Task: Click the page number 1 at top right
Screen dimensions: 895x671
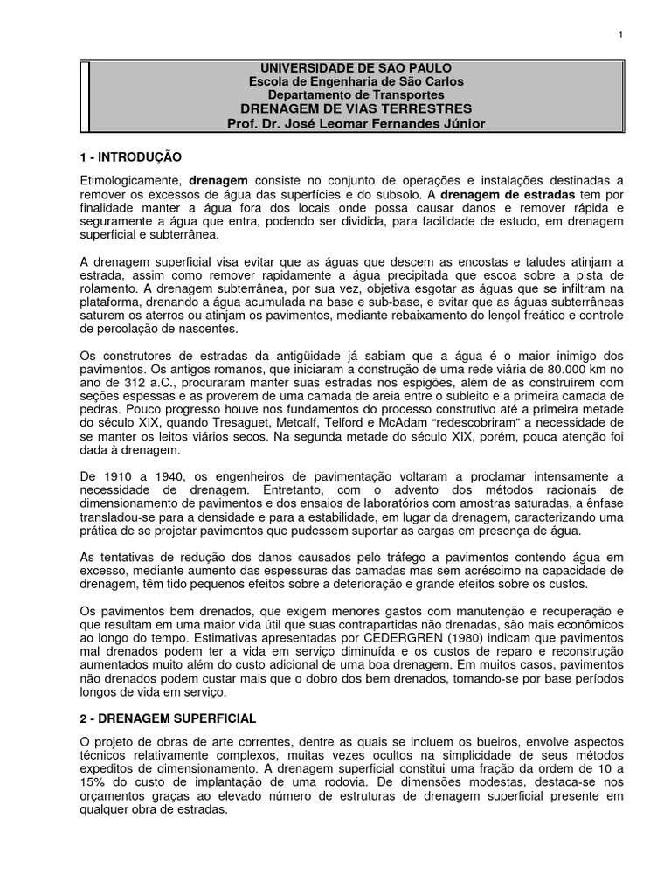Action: [x=619, y=34]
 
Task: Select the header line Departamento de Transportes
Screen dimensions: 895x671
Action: [x=356, y=94]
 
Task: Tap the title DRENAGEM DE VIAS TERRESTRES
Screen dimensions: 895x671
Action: [x=356, y=108]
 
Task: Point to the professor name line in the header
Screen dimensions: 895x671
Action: [x=356, y=123]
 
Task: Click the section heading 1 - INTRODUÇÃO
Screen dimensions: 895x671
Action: [x=130, y=157]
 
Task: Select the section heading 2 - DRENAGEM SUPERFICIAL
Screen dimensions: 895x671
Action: [x=168, y=718]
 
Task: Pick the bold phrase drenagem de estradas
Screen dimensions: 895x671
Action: [x=507, y=193]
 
